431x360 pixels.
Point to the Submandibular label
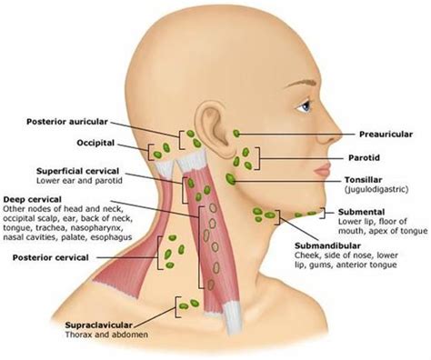pos(331,245)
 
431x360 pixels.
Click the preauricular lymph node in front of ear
pos(237,133)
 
